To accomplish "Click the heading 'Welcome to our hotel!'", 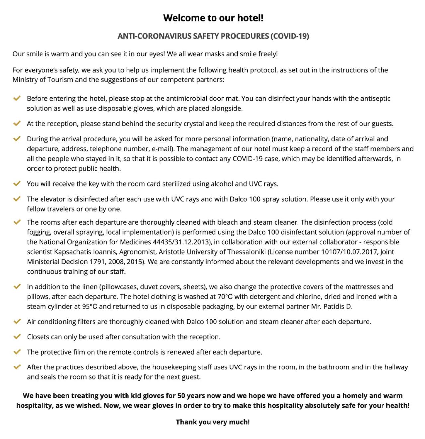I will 213,18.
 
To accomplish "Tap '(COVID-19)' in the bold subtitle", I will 290,36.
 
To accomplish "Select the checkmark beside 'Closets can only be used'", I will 17,337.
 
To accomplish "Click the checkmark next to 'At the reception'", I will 17,123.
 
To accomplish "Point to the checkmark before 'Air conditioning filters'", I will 17,321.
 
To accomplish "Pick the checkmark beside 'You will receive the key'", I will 17,183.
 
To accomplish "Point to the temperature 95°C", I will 90,306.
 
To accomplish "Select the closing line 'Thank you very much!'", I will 213,422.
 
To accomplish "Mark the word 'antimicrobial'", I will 187,98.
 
